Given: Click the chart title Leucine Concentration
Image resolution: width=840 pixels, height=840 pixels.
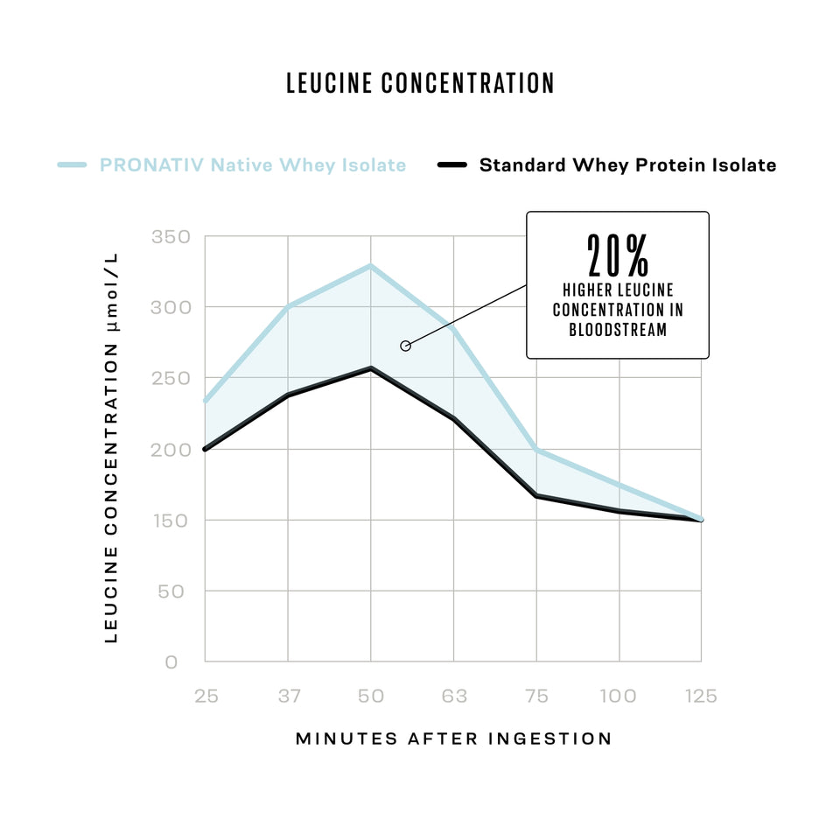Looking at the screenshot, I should [420, 83].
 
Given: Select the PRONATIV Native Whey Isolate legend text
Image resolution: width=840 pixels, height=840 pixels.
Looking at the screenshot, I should [253, 164].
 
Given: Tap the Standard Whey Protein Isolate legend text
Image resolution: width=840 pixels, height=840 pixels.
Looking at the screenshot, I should [627, 164].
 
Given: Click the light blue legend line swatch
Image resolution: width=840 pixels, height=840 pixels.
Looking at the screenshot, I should [72, 164].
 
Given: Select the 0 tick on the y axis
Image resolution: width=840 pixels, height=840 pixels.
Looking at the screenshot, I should [171, 662].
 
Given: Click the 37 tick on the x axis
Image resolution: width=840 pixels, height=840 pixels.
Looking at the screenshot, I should [289, 696].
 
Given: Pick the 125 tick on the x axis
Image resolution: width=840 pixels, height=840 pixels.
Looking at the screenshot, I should [701, 696].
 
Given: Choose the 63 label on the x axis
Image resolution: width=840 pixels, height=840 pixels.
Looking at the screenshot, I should [453, 696].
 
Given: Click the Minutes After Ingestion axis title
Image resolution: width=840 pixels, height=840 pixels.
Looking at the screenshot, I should [453, 738].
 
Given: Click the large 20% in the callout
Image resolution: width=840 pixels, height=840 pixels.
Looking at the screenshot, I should [618, 255].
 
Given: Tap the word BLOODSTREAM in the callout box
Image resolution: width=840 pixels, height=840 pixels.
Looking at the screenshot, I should [618, 331].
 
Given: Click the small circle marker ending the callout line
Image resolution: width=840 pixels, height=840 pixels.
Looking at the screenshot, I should [405, 346].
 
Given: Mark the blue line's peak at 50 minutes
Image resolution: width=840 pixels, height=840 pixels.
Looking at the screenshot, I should [371, 265].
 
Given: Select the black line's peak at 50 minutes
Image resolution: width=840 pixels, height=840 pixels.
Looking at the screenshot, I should [371, 368].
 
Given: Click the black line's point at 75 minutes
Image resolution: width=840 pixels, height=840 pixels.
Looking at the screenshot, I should [536, 496].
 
